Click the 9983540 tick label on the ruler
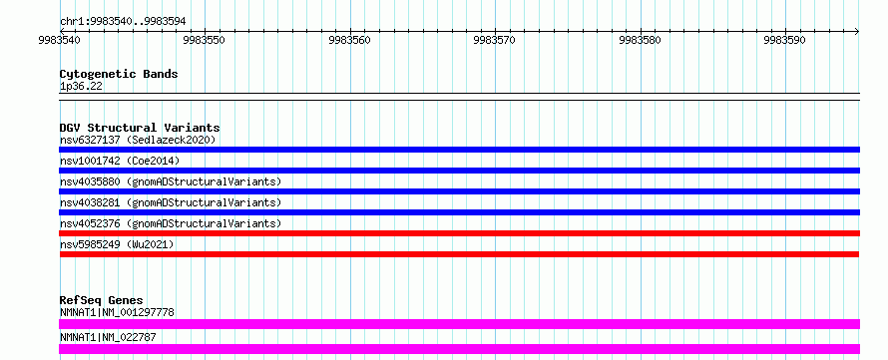click(x=60, y=40)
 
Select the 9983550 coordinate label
click(x=205, y=40)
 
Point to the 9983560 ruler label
click(x=350, y=40)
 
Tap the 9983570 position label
click(x=495, y=40)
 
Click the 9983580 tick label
click(x=640, y=40)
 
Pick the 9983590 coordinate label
click(x=785, y=40)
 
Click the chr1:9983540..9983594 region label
click(x=123, y=22)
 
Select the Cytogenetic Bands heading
click(x=119, y=74)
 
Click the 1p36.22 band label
click(x=81, y=87)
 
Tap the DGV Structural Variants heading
click(x=140, y=128)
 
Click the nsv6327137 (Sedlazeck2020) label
click(x=138, y=140)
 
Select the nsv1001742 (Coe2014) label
click(x=120, y=161)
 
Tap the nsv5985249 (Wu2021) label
click(x=117, y=244)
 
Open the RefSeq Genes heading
click(x=102, y=300)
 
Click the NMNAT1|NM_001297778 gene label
click(x=117, y=312)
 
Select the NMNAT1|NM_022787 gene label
click(x=108, y=338)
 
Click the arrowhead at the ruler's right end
click(x=857, y=31)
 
